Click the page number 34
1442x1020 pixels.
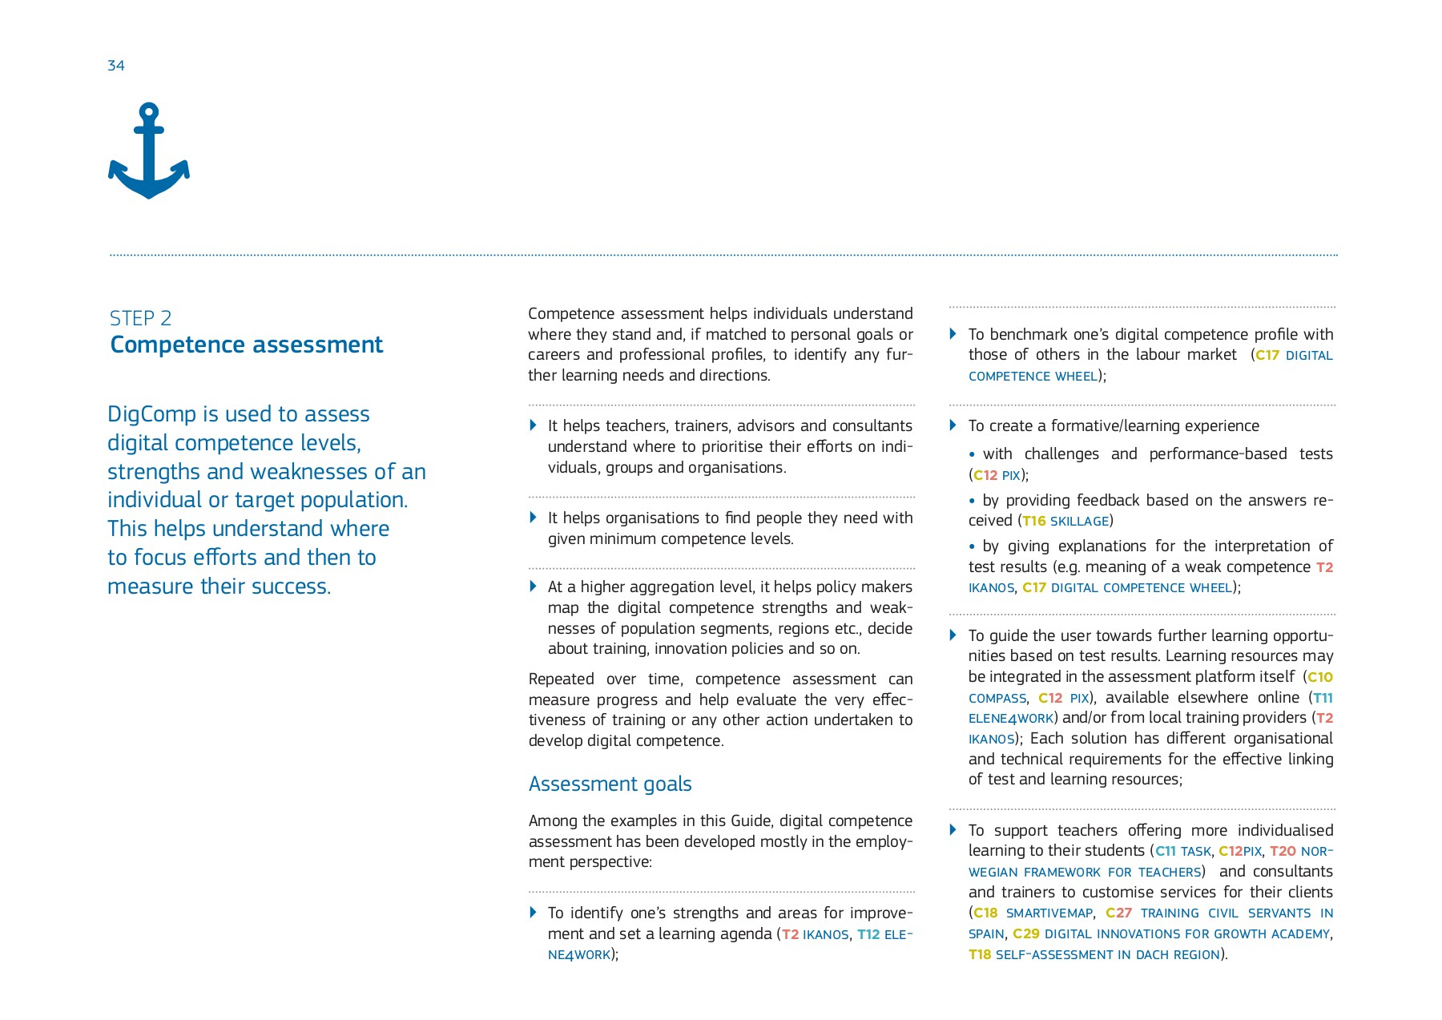116,66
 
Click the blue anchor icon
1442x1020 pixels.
149,151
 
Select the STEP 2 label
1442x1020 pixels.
140,318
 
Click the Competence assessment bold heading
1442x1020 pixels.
246,345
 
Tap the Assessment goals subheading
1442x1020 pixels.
610,784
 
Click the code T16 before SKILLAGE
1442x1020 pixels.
1034,521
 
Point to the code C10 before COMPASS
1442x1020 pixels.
1320,677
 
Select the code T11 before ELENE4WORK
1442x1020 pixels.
1323,698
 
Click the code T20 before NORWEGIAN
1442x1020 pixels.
1283,851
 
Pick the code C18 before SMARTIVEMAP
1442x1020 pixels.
985,913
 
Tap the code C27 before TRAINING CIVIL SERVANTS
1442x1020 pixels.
1118,913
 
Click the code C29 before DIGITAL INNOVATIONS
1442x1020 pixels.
1025,933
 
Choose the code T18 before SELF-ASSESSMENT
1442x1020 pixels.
980,954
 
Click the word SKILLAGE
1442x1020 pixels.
1079,521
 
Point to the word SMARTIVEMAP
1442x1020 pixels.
1049,913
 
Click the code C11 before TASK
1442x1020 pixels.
1166,851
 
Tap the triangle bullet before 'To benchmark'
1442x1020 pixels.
953,334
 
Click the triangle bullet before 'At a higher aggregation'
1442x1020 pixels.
534,587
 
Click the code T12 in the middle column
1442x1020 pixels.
868,934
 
